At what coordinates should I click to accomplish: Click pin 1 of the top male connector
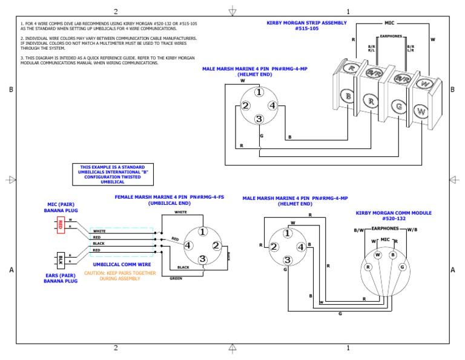click(x=259, y=92)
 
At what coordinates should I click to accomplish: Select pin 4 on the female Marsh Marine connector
click(x=189, y=245)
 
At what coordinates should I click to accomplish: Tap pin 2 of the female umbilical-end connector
click(x=216, y=245)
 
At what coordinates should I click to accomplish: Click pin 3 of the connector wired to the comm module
click(x=288, y=260)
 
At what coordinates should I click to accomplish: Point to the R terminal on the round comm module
click(x=367, y=267)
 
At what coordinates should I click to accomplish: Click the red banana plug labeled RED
click(x=61, y=225)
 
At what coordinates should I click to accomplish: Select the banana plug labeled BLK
click(x=61, y=259)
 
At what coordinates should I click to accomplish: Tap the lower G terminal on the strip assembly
click(x=398, y=107)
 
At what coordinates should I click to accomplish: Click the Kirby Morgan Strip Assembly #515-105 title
click(x=307, y=25)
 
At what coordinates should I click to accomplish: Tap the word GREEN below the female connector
click(x=176, y=278)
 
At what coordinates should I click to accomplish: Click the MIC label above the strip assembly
click(x=389, y=22)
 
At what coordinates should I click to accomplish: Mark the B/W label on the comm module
click(x=359, y=230)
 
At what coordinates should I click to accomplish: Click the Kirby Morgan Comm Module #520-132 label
click(x=385, y=215)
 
